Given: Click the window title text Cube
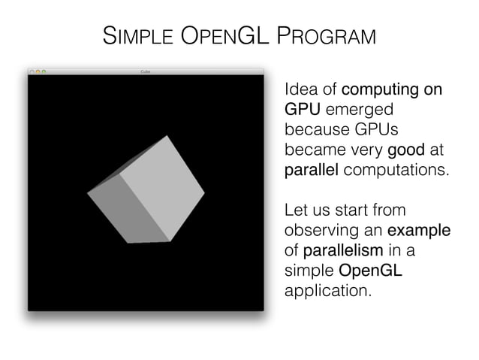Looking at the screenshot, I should coord(146,71).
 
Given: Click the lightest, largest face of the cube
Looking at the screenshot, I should coord(162,189).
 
